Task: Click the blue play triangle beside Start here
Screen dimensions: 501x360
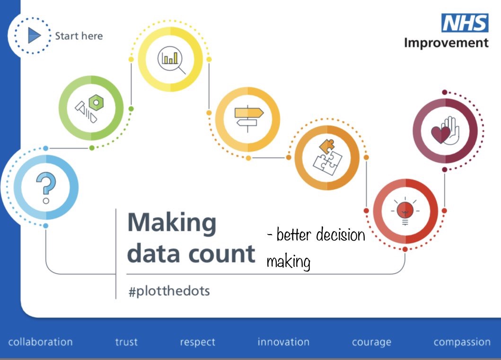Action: pos(34,35)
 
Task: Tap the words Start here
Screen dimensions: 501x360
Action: pos(79,36)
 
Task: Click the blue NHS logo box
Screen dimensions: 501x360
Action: pos(465,23)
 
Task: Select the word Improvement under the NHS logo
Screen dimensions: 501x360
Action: pos(446,43)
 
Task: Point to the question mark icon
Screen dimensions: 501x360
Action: pos(46,187)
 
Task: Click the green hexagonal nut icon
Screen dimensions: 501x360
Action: pos(96,103)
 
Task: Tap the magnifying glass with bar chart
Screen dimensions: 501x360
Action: pos(172,60)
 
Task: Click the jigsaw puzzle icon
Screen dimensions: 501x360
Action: pos(327,157)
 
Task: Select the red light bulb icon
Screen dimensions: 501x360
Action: pos(405,211)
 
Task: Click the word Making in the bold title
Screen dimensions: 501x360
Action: pos(172,223)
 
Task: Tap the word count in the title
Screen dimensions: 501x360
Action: pos(222,255)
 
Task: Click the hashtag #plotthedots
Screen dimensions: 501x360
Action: pos(169,291)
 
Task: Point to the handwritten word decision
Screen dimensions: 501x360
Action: pos(341,235)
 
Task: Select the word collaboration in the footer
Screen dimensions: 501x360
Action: pos(40,342)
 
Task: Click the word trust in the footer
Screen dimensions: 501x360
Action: pos(126,342)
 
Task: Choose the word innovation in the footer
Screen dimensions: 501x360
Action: pos(283,342)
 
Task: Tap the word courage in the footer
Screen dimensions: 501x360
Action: pos(371,342)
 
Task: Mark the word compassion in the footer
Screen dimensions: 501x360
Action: pos(462,342)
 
